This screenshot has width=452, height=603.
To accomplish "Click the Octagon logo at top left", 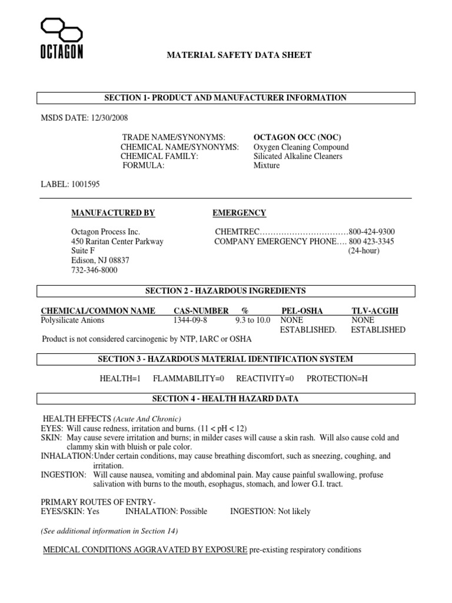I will (61, 38).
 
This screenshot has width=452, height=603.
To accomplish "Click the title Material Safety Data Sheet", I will (240, 55).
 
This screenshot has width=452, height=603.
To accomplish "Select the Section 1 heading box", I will (225, 98).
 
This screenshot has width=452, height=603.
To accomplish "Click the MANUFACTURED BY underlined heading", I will (113, 213).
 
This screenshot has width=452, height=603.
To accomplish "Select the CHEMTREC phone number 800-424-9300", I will (371, 232).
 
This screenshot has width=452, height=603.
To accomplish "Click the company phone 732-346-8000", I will (94, 270).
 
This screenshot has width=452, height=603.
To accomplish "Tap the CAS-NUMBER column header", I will (200, 311).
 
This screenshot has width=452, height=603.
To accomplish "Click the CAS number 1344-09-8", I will (190, 320).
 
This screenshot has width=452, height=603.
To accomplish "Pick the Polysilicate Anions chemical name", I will (72, 320).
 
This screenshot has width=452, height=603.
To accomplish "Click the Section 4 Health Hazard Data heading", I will (225, 399).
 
